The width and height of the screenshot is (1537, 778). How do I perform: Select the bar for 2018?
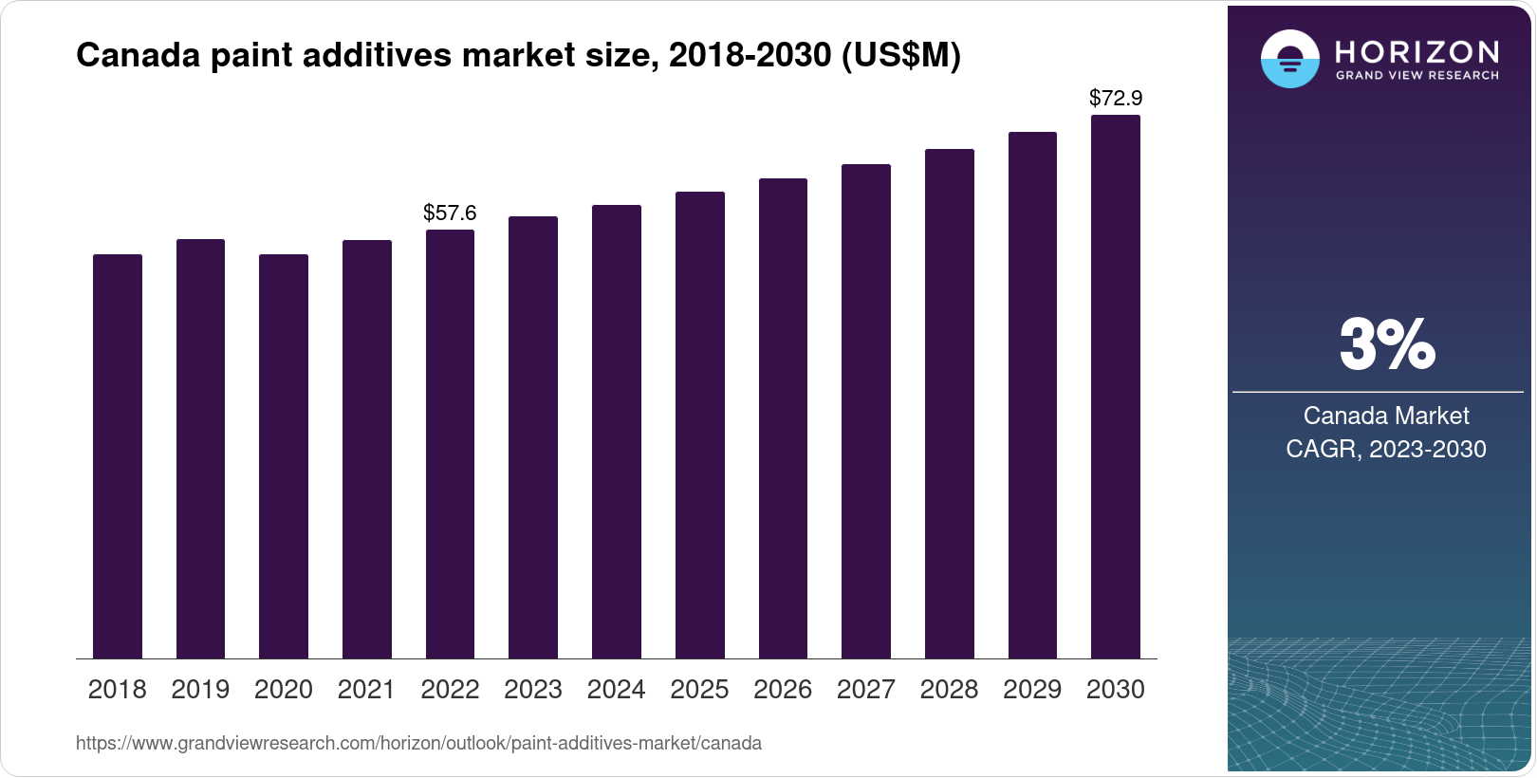(x=118, y=455)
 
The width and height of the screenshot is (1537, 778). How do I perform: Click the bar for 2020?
(x=284, y=455)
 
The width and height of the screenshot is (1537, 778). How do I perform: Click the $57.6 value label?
(x=450, y=213)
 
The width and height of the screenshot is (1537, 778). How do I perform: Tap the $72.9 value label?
(x=1116, y=98)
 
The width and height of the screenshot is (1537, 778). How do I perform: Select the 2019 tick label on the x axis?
(x=200, y=689)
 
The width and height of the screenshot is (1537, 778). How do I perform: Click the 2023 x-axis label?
(x=533, y=689)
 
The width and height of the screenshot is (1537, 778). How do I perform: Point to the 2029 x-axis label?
(x=1032, y=689)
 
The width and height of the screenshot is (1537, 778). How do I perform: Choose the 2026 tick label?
(x=783, y=689)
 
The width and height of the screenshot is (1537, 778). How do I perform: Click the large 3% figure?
(x=1386, y=344)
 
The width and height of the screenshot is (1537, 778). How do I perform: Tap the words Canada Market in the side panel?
(x=1386, y=416)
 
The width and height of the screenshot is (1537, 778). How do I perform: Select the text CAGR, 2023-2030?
(x=1386, y=449)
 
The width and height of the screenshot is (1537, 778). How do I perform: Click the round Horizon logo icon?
(x=1289, y=60)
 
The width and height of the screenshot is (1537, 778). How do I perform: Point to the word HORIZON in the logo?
(x=1417, y=51)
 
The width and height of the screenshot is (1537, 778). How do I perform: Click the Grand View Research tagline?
(x=1417, y=75)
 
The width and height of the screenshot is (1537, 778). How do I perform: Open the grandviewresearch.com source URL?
(x=418, y=743)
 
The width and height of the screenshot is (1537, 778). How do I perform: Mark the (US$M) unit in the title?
(x=901, y=55)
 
